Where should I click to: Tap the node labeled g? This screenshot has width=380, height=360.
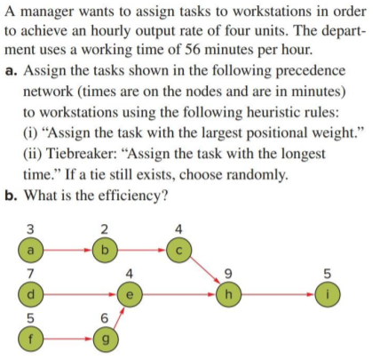tap(105, 339)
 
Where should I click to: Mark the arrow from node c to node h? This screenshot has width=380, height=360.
tap(207, 267)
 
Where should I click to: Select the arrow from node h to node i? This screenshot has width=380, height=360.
tap(278, 291)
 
